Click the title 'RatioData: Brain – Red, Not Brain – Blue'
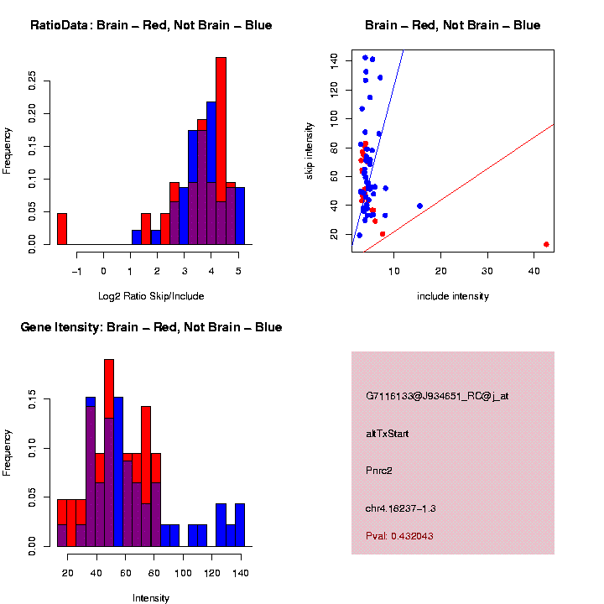click(x=151, y=25)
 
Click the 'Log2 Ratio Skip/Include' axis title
click(x=151, y=296)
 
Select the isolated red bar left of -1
click(x=61, y=229)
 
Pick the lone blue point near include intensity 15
click(x=419, y=206)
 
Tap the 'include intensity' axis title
click(x=453, y=296)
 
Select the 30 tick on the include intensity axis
click(x=487, y=269)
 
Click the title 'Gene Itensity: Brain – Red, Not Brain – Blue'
click(x=151, y=327)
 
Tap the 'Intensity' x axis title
click(x=151, y=598)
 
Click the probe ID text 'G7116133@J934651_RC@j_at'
click(x=437, y=396)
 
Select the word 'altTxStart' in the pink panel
click(x=388, y=434)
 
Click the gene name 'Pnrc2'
click(x=379, y=471)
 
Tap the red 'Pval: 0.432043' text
click(x=399, y=535)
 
